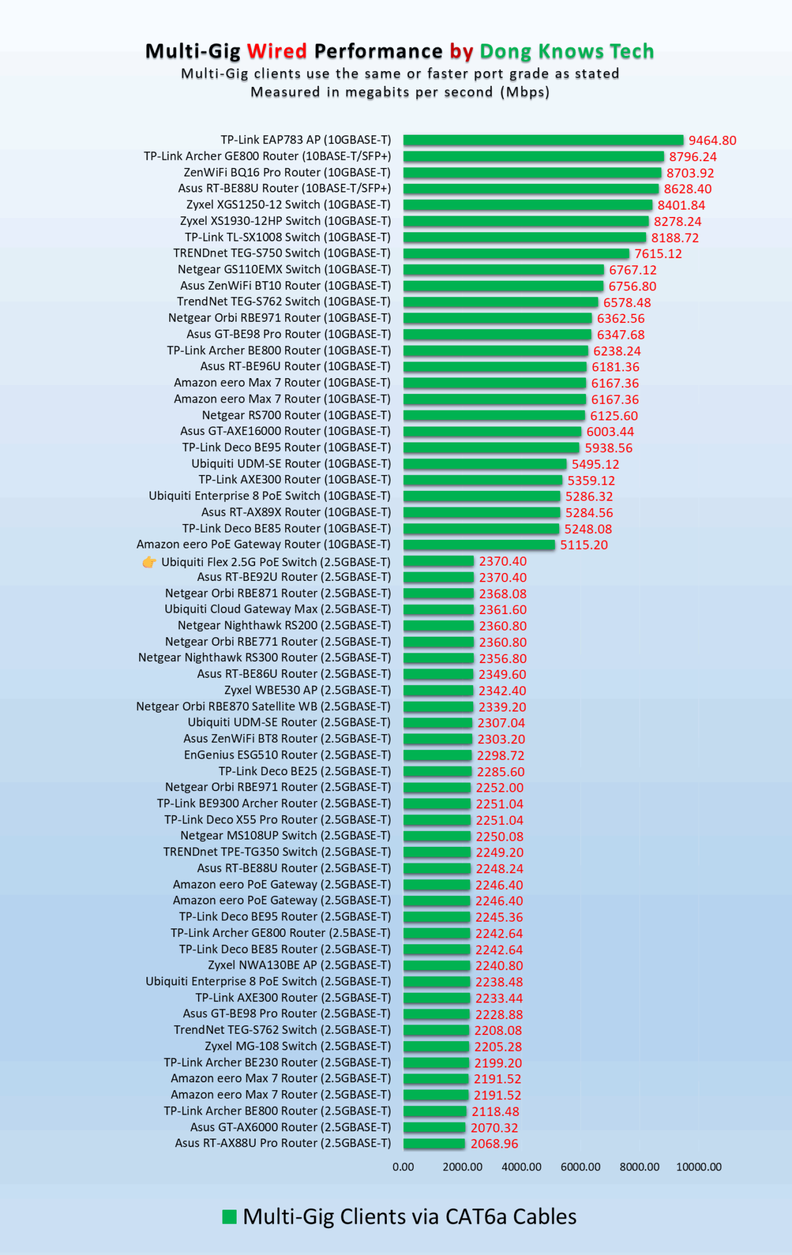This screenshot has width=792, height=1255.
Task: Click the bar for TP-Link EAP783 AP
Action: point(543,140)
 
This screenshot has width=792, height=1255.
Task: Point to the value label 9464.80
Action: point(712,140)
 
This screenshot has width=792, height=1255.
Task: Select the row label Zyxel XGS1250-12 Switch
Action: point(288,205)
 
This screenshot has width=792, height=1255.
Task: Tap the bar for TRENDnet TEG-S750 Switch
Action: point(516,254)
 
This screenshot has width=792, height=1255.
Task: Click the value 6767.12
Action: point(633,270)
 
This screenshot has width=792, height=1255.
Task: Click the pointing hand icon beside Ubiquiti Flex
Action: point(149,562)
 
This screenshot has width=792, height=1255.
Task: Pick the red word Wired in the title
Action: point(277,51)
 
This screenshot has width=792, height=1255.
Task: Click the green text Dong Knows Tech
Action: point(566,51)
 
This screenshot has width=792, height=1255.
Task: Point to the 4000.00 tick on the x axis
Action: point(522,1167)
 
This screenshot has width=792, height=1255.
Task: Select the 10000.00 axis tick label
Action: point(699,1167)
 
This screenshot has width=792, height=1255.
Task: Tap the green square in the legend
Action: point(229,1217)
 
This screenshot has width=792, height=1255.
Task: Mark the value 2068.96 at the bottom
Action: point(494,1143)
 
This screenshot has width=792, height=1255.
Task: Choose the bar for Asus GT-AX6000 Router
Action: point(434,1128)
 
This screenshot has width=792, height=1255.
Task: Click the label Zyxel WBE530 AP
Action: point(307,690)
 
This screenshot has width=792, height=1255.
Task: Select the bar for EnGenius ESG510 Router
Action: point(438,755)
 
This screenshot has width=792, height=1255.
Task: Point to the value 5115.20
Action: point(584,545)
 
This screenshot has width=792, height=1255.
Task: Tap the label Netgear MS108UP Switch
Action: point(285,836)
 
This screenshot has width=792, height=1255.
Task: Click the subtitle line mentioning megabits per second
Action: point(400,92)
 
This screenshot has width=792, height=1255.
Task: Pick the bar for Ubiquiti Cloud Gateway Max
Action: point(438,610)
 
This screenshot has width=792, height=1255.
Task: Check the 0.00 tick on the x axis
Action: point(403,1167)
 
